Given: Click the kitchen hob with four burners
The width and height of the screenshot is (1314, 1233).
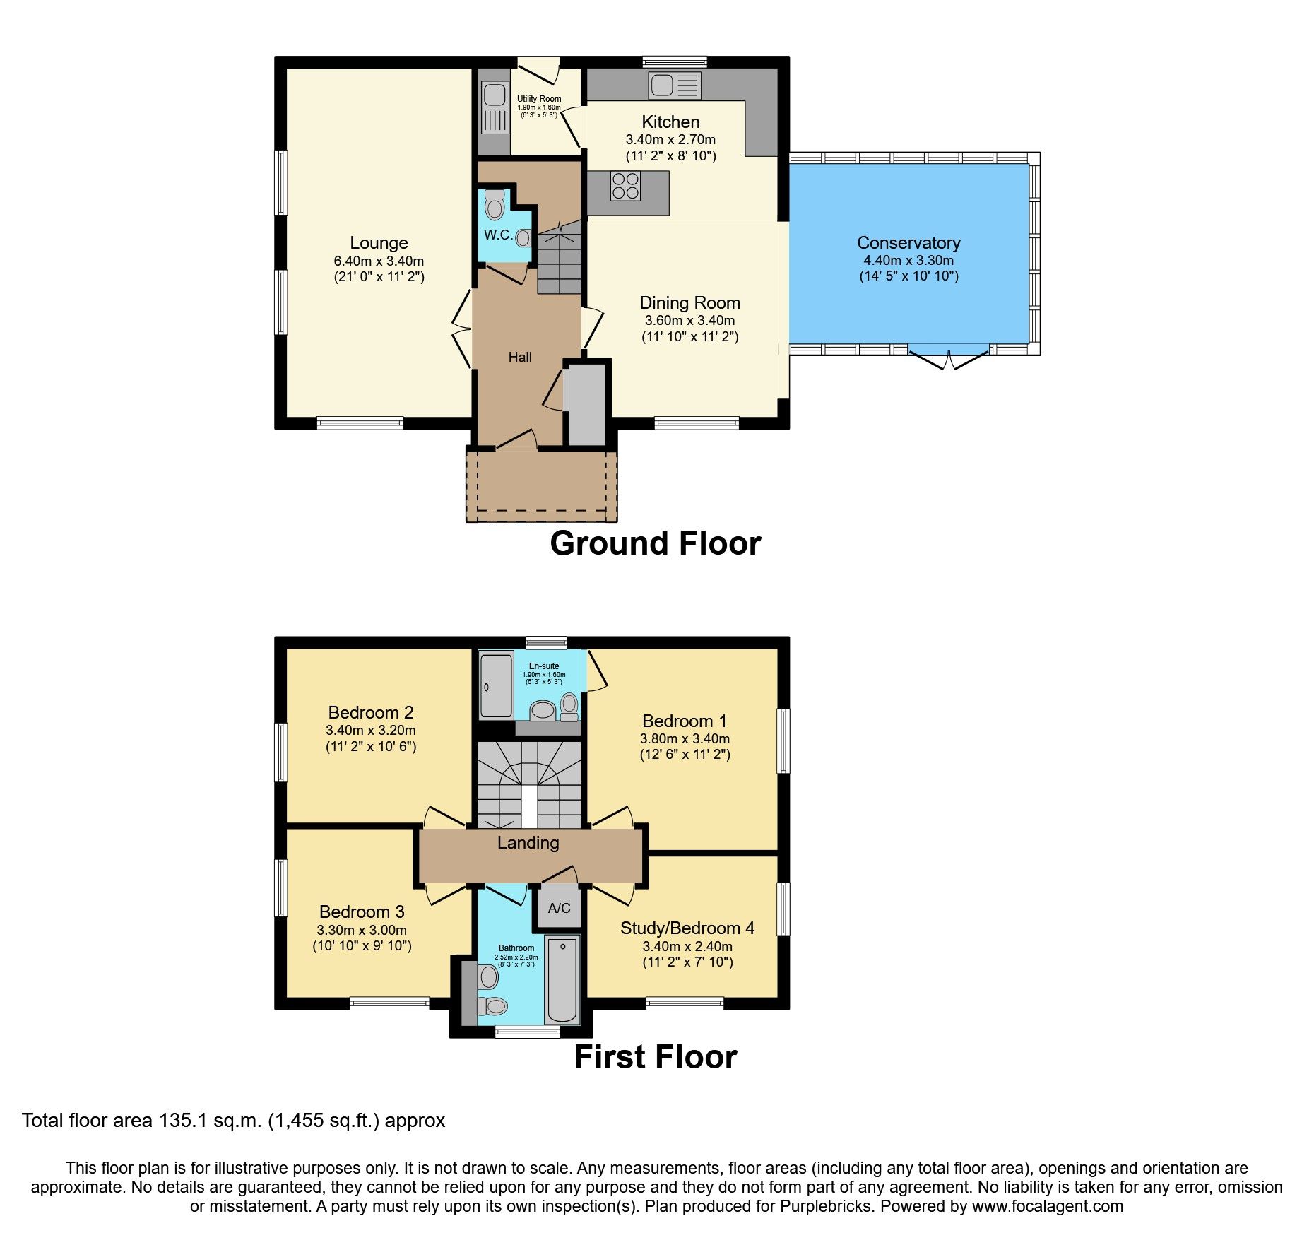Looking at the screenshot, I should [x=626, y=186].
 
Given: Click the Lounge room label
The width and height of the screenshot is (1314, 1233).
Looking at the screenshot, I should [x=379, y=243].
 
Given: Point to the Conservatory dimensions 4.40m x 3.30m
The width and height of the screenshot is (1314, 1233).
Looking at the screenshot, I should [x=908, y=260].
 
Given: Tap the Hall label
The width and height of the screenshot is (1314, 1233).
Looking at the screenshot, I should [x=520, y=357].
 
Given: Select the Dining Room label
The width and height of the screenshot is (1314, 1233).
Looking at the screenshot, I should [x=689, y=303].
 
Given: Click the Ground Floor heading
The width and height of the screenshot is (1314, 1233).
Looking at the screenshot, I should [x=655, y=543].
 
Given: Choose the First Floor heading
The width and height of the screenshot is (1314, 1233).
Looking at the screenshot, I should [x=655, y=1057].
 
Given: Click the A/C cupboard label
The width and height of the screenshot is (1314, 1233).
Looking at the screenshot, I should [x=559, y=908].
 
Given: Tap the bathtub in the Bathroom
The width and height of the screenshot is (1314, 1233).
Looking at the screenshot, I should [x=562, y=981].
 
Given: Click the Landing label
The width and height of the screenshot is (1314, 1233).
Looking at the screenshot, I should [x=528, y=843].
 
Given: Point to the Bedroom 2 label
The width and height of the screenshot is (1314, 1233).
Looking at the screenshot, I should [x=370, y=712].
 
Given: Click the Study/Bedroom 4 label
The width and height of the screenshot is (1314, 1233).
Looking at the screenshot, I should [x=687, y=928].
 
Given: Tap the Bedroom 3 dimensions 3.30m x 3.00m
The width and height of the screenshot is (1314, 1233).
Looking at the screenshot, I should [x=362, y=930].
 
